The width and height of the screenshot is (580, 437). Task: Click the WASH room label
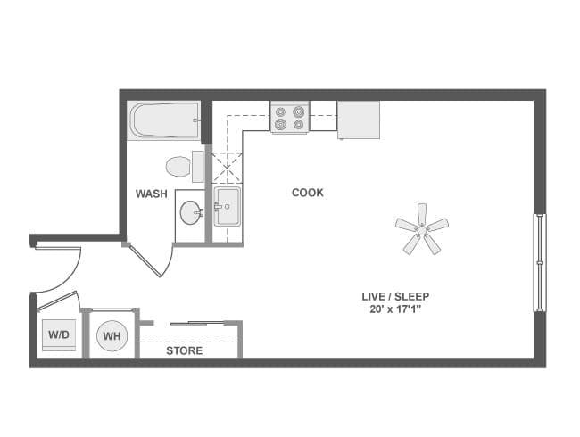152,193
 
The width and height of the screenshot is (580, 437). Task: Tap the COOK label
307,193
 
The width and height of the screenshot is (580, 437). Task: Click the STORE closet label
185,350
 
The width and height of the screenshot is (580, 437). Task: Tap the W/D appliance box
58,335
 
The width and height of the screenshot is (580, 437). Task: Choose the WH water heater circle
112,336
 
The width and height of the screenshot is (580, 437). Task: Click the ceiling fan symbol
421,228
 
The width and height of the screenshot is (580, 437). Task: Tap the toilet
181,166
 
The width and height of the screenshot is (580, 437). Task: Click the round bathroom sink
191,212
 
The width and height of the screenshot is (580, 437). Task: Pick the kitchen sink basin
227,207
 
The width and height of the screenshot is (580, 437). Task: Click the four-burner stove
289,118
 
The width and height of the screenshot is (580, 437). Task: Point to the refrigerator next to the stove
358,120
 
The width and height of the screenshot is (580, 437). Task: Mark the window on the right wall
539,262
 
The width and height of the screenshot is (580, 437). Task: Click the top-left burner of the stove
281,111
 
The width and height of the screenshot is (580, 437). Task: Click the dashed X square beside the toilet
228,167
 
